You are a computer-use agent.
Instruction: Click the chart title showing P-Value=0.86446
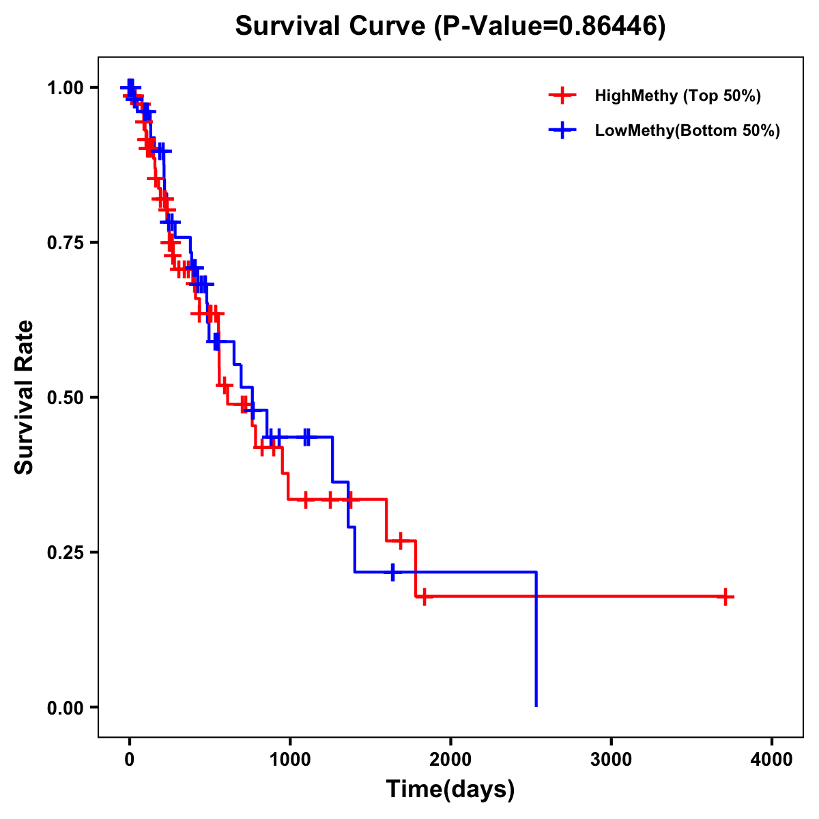pyautogui.click(x=450, y=26)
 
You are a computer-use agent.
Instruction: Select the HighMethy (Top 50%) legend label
pyautogui.click(x=677, y=96)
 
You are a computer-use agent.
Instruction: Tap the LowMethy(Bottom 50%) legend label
pyautogui.click(x=687, y=130)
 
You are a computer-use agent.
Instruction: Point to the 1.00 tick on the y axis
pyautogui.click(x=66, y=88)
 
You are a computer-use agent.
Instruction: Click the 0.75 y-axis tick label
pyautogui.click(x=66, y=243)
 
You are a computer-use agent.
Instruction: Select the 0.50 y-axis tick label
pyautogui.click(x=66, y=398)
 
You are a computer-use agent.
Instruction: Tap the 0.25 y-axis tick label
pyautogui.click(x=66, y=553)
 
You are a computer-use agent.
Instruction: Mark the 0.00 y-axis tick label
pyautogui.click(x=66, y=708)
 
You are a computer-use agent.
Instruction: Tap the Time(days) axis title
pyautogui.click(x=450, y=790)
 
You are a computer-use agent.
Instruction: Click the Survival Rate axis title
pyautogui.click(x=25, y=397)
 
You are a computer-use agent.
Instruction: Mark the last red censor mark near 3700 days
pyautogui.click(x=725, y=597)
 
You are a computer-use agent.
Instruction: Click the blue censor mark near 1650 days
pyautogui.click(x=392, y=572)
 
